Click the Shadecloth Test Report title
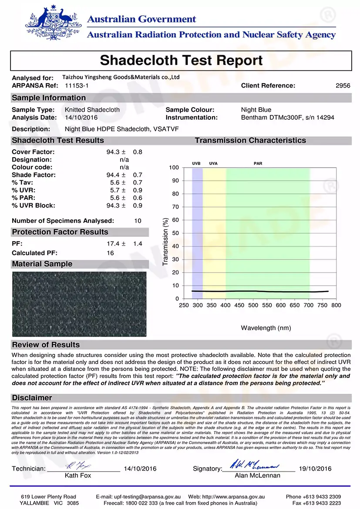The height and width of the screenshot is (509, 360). click(x=181, y=60)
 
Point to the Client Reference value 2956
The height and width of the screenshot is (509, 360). click(x=343, y=86)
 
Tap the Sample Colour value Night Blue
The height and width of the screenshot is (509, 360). click(x=256, y=110)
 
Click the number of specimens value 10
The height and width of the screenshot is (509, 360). click(x=138, y=221)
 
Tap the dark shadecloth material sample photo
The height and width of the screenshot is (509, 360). click(x=79, y=304)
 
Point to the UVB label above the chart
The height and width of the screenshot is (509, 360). click(x=196, y=164)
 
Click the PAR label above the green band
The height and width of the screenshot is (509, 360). click(x=258, y=164)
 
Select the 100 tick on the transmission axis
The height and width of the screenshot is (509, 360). click(x=174, y=168)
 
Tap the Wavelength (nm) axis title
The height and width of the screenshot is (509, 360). click(x=266, y=328)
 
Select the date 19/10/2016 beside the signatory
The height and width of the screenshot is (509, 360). click(x=315, y=469)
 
